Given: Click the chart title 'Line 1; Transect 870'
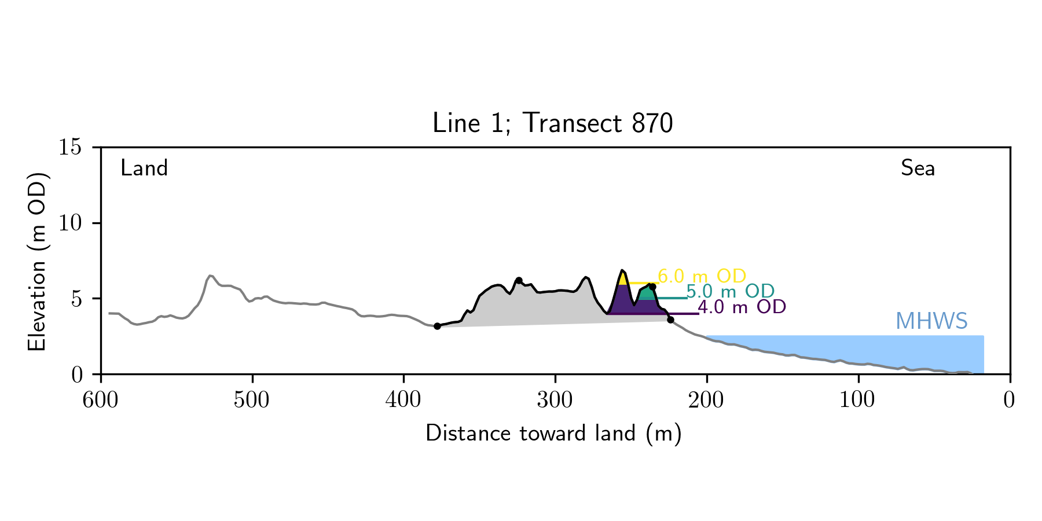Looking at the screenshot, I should tap(552, 123).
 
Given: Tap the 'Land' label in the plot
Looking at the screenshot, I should tap(144, 168).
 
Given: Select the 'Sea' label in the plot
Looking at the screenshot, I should tap(918, 168).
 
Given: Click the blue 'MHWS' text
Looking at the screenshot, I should tap(931, 321).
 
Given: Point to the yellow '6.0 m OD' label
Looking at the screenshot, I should tap(702, 276).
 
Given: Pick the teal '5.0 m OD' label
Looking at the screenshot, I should tap(730, 292).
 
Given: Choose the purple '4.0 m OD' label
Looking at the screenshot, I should tap(742, 307).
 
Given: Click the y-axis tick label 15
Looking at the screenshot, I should tap(70, 148).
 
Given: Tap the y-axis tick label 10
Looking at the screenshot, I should tap(70, 223).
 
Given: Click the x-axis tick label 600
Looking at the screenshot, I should tap(101, 400).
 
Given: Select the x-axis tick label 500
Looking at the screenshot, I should tap(252, 400).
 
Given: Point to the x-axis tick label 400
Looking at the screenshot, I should tap(403, 400).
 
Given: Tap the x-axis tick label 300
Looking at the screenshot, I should tap(555, 400).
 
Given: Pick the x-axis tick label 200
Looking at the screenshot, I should tap(706, 400).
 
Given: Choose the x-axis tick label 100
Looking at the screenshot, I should tap(857, 400).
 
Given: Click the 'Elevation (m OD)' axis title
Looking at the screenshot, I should tap(37, 261).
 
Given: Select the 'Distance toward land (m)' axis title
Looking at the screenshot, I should tap(553, 434).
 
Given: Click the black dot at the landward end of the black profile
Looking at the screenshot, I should tap(437, 326).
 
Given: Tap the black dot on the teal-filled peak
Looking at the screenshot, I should tap(652, 287).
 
